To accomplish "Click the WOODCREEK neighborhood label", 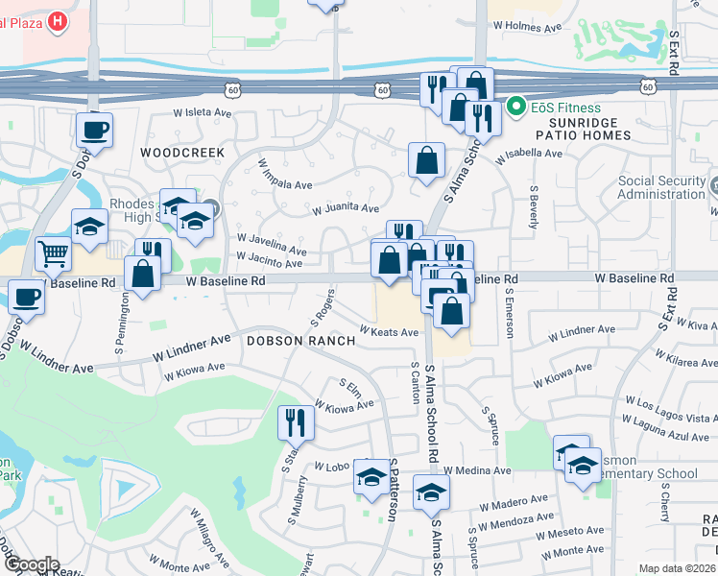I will tap(181, 153).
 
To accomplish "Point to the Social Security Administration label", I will tap(661, 187).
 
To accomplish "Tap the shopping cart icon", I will tap(54, 253).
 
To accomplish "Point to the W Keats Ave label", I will tap(389, 332).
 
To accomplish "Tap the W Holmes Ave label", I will tap(527, 28).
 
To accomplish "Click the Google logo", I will tap(33, 564).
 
